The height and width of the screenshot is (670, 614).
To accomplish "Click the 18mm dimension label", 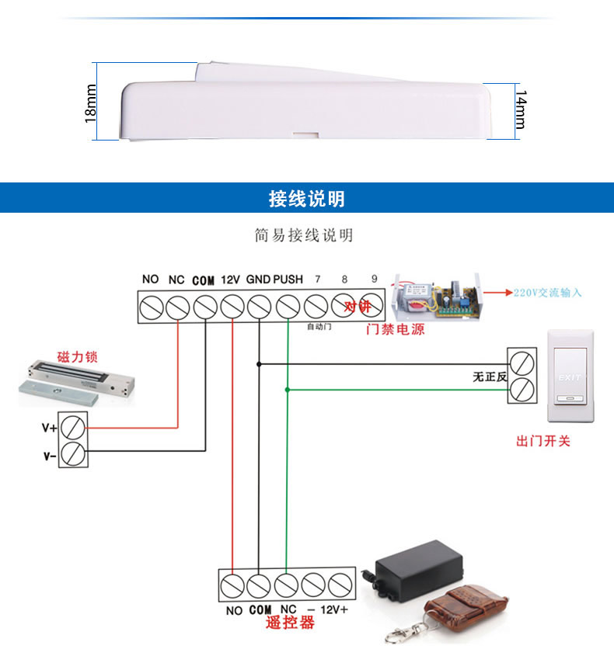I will [91, 103].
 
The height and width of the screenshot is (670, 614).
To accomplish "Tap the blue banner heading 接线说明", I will [306, 199].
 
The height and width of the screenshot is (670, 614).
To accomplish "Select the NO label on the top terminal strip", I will [150, 279].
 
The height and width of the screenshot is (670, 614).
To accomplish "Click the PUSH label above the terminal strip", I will [288, 279].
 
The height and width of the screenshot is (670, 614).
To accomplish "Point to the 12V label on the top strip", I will [231, 279].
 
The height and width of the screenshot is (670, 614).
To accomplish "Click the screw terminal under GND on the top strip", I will [259, 307].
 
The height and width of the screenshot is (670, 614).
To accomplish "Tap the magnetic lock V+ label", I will [49, 427].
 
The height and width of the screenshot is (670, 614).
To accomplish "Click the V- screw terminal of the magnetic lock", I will [75, 453].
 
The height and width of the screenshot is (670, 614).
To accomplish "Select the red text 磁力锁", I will [77, 358].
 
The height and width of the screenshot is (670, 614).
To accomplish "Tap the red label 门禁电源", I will [396, 329].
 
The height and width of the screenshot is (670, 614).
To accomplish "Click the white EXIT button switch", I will [570, 377].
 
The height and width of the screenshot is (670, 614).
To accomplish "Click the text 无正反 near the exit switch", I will [490, 377].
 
